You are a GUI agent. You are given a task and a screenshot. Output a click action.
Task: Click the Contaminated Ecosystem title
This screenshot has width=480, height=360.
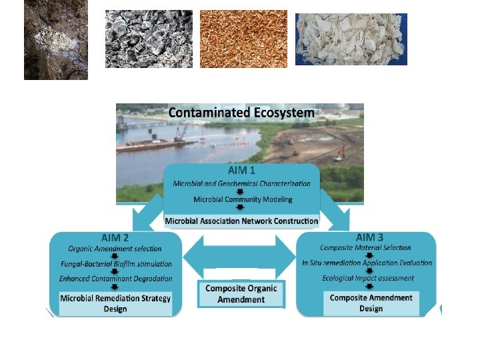[241, 113]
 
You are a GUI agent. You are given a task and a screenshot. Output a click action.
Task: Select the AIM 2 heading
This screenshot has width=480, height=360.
[115, 237]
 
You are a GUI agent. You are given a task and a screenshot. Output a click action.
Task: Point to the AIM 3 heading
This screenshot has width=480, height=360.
[369, 237]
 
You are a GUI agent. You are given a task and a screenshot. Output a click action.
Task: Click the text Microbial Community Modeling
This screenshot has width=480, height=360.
[242, 199]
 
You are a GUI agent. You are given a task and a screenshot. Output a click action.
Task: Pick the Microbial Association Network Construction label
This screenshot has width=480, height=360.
[241, 220]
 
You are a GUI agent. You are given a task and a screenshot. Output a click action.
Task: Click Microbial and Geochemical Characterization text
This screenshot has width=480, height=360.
[241, 183]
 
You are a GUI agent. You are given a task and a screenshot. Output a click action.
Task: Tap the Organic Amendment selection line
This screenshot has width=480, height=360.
[115, 249]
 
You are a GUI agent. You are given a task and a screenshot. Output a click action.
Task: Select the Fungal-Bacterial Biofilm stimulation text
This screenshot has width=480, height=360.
[115, 263]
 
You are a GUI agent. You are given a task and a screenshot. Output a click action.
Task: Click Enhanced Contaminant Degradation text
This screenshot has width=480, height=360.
[115, 278]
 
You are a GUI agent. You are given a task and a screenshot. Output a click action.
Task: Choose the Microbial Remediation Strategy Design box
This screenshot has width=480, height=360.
[115, 303]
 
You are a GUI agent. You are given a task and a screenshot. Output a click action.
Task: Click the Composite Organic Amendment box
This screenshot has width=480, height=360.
[241, 294]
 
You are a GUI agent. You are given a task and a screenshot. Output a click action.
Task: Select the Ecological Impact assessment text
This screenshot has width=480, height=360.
[367, 277]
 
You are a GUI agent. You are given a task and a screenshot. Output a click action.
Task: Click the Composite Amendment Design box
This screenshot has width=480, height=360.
[371, 303]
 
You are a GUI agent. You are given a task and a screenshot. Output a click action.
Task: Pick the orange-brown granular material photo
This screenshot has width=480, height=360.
[243, 39]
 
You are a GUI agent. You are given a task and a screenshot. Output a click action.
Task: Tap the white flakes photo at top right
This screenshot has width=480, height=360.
[351, 39]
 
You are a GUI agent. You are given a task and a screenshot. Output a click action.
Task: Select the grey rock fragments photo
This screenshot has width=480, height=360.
[149, 39]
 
